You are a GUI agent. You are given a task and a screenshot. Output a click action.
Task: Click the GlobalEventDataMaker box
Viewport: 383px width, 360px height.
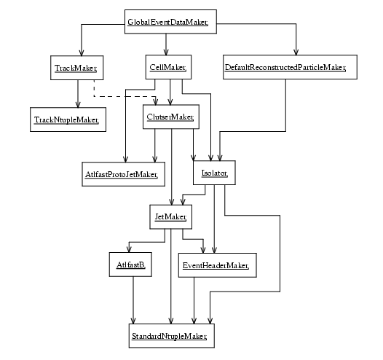(170, 22)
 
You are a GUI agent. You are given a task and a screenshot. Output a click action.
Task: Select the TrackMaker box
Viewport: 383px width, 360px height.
(77, 68)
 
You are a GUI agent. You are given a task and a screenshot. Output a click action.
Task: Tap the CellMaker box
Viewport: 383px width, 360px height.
(168, 67)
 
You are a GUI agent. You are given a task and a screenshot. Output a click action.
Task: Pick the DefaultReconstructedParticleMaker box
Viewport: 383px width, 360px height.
(290, 67)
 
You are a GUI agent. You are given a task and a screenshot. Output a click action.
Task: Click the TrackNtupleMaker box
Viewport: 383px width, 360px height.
(68, 120)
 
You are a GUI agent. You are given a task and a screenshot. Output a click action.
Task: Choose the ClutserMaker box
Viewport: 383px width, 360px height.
(171, 117)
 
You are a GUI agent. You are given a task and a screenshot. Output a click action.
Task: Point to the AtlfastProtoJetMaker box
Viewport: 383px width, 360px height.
(123, 174)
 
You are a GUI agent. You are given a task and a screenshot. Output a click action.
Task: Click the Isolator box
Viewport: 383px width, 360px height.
(214, 173)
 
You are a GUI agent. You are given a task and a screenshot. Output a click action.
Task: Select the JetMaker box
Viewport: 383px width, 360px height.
(170, 216)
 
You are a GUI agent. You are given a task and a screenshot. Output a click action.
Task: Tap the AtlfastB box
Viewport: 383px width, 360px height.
(130, 265)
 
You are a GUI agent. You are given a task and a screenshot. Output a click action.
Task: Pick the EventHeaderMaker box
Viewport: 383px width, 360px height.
(218, 265)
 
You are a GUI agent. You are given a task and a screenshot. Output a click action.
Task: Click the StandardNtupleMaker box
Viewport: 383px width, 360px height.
(172, 336)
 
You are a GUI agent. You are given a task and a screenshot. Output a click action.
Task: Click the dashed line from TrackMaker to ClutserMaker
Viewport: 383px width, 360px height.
(125, 96)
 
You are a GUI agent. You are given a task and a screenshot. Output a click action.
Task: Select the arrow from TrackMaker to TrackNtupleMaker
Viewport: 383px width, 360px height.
(78, 93)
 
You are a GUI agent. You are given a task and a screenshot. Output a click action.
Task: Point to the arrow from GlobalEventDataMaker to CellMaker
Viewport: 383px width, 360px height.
(166, 44)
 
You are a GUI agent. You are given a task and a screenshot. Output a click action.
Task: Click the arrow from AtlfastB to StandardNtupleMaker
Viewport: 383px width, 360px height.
(133, 300)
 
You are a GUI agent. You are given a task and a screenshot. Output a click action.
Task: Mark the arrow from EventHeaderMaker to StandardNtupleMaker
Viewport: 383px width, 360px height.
(194, 301)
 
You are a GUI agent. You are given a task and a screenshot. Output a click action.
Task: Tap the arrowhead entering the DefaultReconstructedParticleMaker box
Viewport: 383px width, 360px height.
(296, 52)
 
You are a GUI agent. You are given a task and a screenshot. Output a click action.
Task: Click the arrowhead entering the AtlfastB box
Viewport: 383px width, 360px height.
(129, 249)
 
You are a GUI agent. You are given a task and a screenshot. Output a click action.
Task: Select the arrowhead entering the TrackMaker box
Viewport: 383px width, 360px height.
(82, 52)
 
